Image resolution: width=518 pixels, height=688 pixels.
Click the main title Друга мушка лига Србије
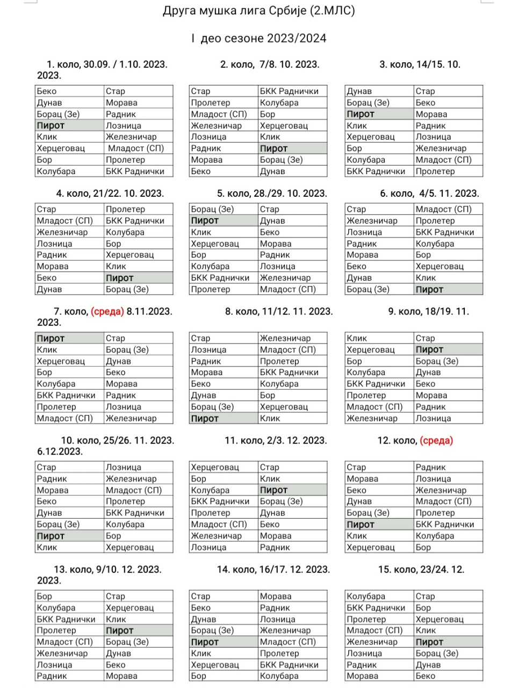pos(258,11)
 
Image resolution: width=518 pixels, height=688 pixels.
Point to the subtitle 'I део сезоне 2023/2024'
pos(258,38)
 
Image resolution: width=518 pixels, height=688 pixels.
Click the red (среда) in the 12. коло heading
pos(436,440)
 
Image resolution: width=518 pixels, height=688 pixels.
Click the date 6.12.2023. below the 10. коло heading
pos(60,451)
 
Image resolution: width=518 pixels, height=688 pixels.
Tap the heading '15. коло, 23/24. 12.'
pos(421,569)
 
